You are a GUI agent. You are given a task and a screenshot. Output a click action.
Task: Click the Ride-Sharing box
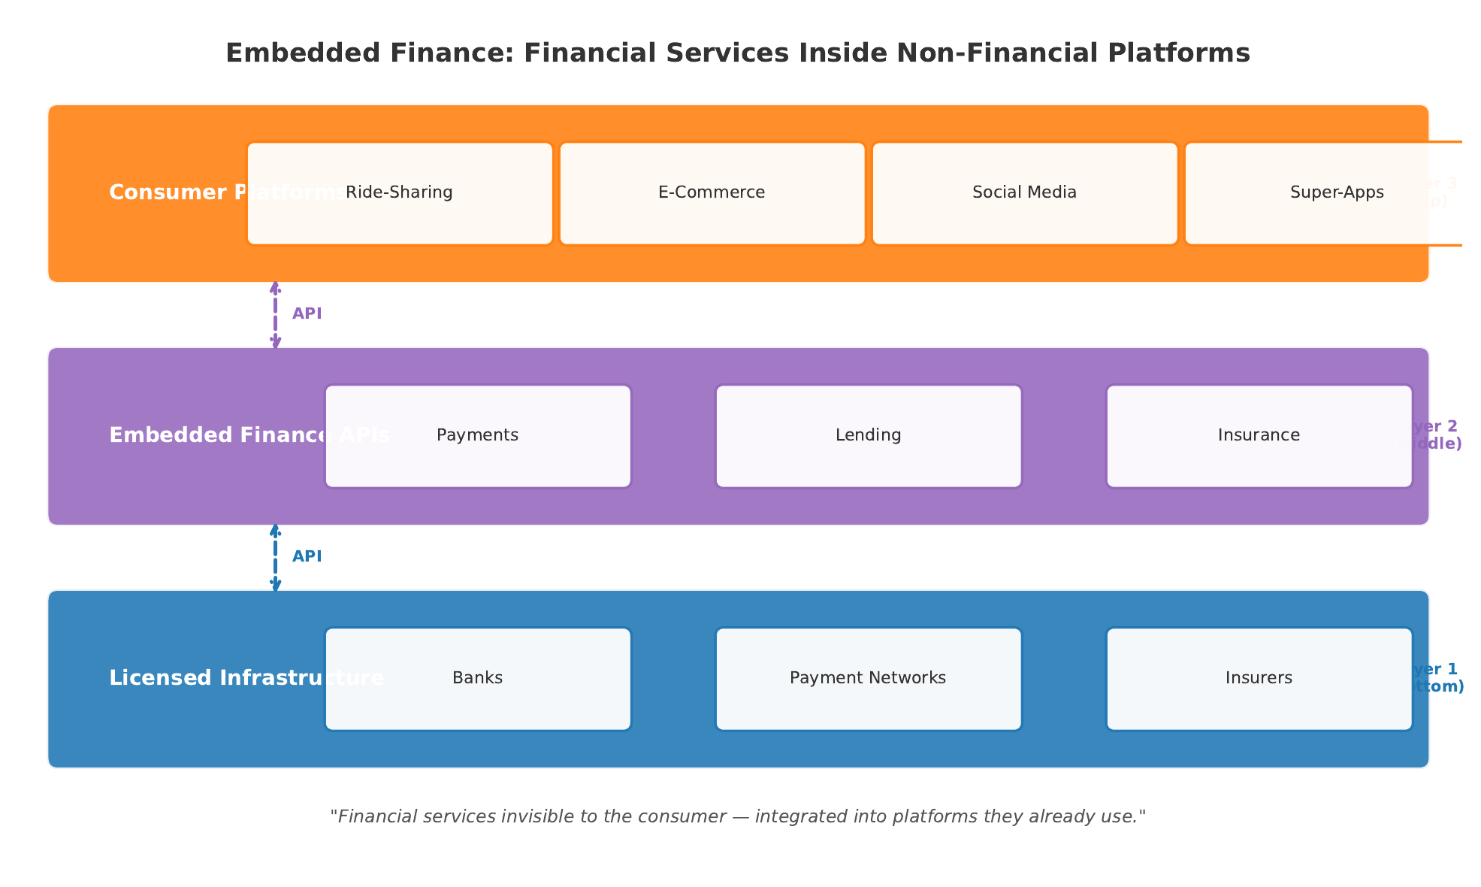(399, 193)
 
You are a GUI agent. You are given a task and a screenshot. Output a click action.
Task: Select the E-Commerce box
(712, 193)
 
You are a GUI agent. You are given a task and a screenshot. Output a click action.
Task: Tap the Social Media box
(1024, 193)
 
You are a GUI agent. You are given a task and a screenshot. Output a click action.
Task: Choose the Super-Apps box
(1336, 193)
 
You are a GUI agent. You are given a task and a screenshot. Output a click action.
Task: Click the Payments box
(477, 436)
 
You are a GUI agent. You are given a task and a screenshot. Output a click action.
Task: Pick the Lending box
(868, 436)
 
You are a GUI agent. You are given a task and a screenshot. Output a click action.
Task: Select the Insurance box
(1259, 436)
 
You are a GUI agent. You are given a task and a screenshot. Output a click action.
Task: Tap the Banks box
(477, 679)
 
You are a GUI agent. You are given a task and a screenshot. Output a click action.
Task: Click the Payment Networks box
(868, 679)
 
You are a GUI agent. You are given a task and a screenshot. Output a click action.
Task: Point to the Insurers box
(1259, 679)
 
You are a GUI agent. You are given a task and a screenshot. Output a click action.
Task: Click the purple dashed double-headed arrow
(276, 315)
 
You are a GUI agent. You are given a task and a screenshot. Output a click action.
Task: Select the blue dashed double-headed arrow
(276, 558)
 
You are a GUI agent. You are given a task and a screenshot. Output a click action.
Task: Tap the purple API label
(307, 314)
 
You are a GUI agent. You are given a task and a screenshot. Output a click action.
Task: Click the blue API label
(307, 557)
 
